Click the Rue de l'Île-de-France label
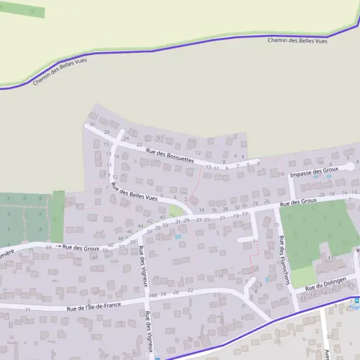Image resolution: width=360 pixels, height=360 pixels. point(94,307)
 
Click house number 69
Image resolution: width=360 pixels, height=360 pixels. point(49,247)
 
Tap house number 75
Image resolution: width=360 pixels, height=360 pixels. point(31,250)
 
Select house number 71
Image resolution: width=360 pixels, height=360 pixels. point(28,310)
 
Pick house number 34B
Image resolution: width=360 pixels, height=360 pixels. point(152,295)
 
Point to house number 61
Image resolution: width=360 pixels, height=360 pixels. point(95,257)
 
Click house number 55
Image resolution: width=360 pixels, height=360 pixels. point(133,242)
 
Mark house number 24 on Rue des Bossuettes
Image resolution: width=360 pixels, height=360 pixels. point(126,139)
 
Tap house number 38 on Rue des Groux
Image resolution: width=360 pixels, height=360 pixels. point(202,210)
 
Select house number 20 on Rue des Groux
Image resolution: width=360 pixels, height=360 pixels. point(323,194)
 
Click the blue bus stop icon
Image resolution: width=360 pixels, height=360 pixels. point(356,301)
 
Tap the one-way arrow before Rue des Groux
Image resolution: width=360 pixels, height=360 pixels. point(59,247)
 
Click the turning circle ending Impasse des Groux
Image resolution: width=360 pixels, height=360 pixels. point(349,167)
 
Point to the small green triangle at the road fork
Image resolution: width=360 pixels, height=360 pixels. point(175,211)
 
